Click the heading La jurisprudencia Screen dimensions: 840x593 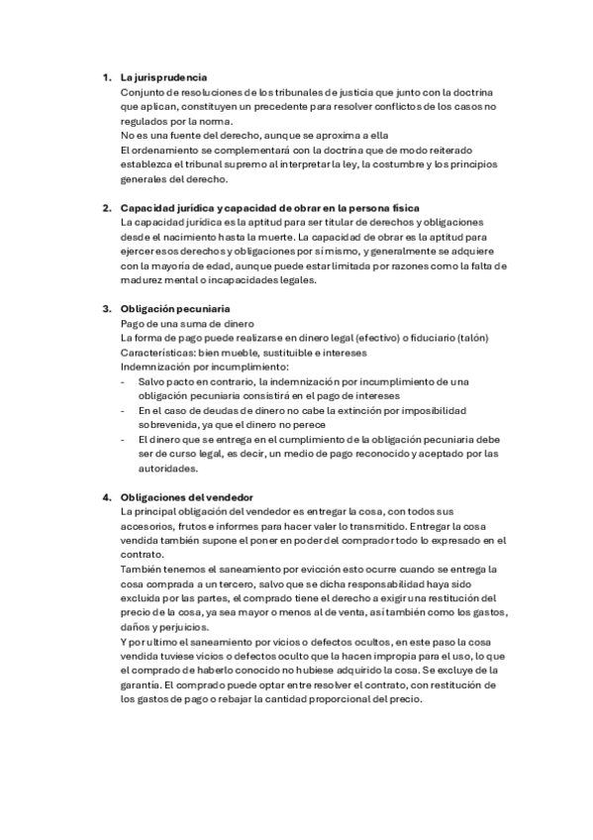(x=163, y=77)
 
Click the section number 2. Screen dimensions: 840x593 (x=106, y=207)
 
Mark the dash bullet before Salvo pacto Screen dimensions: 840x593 (x=123, y=381)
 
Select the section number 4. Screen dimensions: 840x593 (x=106, y=496)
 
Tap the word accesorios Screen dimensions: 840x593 (x=151, y=526)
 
